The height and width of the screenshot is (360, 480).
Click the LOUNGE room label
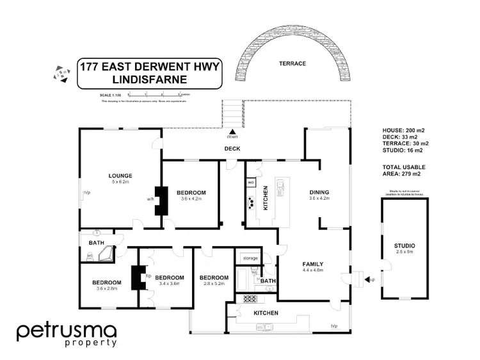coord(120,176)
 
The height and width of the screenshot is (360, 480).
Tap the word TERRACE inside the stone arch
coord(292,64)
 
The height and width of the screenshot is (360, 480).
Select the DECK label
coord(232,149)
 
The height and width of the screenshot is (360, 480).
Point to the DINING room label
coord(319,192)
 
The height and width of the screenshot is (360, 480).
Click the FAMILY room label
coord(312,264)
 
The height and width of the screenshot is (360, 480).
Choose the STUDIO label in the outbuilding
coord(404,246)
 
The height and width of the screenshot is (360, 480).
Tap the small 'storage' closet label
coord(250,258)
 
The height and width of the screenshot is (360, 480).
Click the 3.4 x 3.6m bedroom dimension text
coord(170,284)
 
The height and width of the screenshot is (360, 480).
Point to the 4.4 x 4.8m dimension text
coord(313,270)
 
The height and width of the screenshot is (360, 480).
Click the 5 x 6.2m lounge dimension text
coord(120,182)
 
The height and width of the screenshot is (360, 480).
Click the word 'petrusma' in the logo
coord(66,331)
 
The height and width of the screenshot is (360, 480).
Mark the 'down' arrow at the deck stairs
coord(232,133)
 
